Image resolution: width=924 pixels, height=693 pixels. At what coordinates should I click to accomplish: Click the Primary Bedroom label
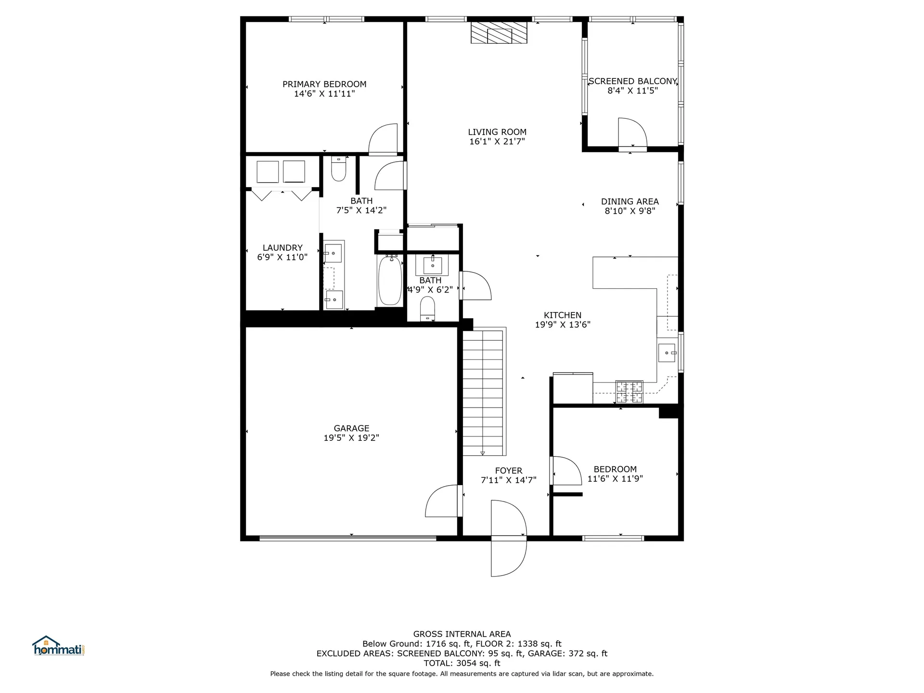coord(324,84)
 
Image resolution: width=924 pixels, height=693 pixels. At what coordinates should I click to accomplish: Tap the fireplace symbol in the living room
coord(499,33)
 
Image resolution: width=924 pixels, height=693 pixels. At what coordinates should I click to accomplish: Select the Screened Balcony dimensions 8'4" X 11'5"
coord(632,91)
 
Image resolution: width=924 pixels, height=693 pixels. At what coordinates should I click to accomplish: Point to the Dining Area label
coord(629,202)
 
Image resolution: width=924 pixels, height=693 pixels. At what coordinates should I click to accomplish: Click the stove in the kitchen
coord(629,392)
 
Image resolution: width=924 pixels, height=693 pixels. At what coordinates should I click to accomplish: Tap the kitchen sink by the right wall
coord(667,353)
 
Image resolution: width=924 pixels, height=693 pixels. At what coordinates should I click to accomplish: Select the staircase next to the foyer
coord(483,392)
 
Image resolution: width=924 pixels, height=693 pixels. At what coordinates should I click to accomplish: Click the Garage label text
coord(351,428)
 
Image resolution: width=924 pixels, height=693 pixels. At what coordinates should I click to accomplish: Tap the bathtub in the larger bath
coord(390,281)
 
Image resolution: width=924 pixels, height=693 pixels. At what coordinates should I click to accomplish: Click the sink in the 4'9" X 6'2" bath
coord(432,265)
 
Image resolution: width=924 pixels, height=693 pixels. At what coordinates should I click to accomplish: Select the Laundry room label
coord(282,248)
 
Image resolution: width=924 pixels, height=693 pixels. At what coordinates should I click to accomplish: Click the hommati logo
coord(58,646)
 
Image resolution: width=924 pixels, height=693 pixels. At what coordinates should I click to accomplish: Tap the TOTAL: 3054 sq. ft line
coord(462,663)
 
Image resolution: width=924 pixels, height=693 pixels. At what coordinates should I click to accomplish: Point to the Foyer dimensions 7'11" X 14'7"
coord(508,480)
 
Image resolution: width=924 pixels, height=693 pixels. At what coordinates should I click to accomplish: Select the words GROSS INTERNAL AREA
coord(462,634)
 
